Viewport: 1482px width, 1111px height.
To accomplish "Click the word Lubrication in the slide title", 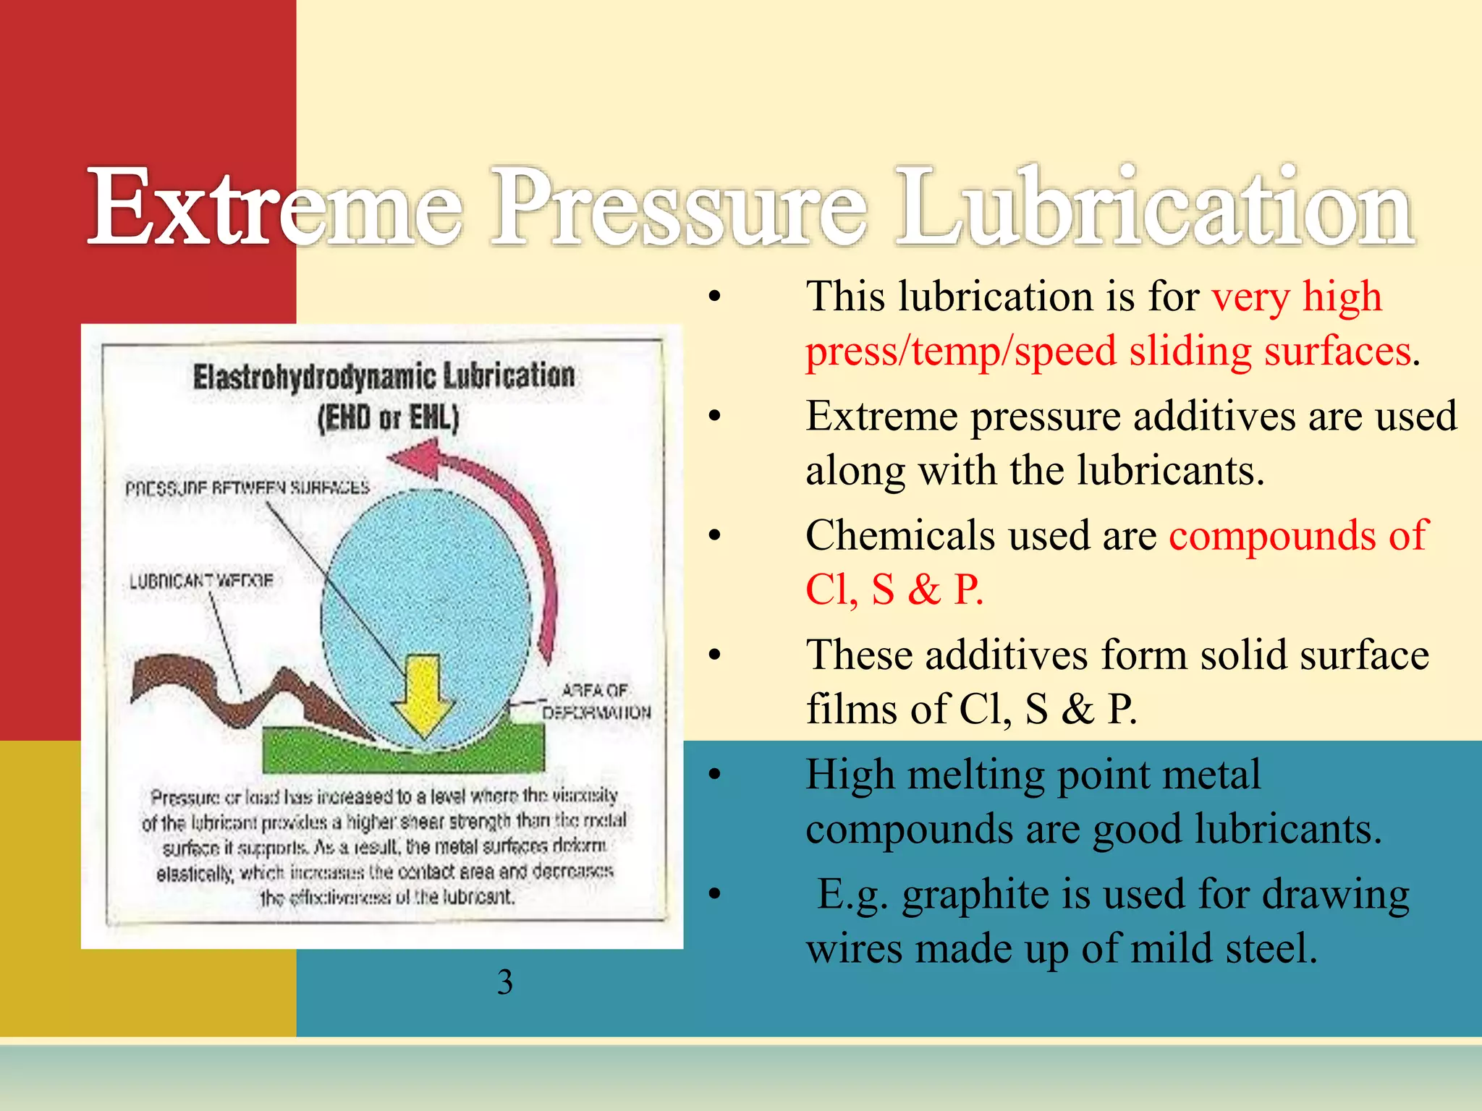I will [1154, 208].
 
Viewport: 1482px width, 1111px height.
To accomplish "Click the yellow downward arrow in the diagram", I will [423, 694].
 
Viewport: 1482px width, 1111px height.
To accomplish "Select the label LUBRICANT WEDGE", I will [201, 581].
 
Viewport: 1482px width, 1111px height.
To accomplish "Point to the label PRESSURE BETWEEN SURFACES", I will [247, 488].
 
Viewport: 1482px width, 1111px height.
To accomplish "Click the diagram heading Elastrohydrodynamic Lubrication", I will [384, 376].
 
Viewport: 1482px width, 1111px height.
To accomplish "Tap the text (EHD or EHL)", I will [388, 418].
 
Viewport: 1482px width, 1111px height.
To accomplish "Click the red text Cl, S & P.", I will [894, 589].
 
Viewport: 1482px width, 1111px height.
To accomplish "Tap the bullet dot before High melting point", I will [715, 775].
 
